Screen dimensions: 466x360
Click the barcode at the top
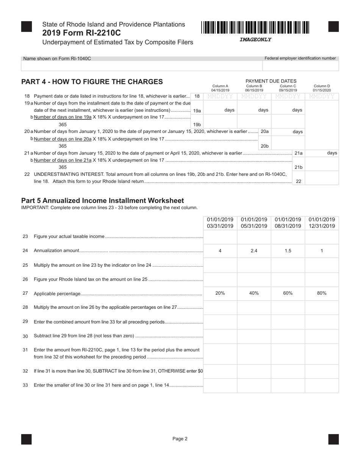[255, 28]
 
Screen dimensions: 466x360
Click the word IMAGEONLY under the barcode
[255, 40]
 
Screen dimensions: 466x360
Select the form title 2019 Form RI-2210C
[81, 33]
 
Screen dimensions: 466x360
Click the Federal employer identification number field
[300, 66]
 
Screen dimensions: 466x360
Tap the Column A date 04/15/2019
[220, 91]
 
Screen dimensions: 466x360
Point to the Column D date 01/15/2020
[322, 91]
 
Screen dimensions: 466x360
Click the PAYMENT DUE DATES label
[271, 81]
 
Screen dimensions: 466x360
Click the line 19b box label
[197, 125]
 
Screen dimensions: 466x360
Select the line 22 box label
[299, 181]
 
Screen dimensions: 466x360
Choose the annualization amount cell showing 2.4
[254, 251]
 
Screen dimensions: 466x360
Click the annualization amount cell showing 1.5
[288, 251]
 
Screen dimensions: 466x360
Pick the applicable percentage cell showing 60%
[288, 293]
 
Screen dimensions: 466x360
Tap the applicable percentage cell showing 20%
[220, 293]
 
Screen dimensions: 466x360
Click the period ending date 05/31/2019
[254, 226]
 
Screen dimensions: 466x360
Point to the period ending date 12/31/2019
[322, 226]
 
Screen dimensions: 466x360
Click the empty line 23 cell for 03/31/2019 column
[220, 236]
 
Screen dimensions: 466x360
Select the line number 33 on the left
[25, 385]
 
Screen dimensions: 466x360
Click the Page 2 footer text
[180, 439]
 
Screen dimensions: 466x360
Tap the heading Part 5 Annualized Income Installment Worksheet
[102, 201]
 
